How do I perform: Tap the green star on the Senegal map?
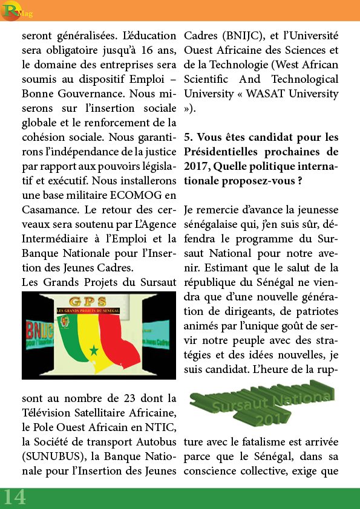(x=94, y=351)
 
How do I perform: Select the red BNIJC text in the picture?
(x=39, y=331)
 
